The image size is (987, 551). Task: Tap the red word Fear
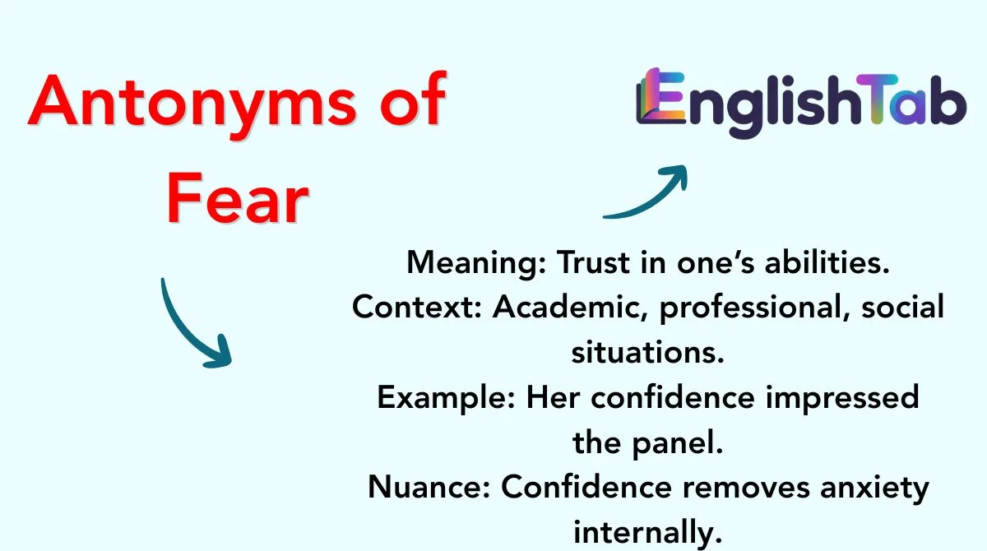(238, 199)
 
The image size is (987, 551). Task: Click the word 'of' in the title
(413, 100)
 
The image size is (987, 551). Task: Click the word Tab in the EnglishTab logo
(911, 100)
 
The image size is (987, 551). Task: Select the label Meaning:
(476, 263)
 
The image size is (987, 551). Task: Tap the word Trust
(593, 262)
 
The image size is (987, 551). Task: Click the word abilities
(827, 262)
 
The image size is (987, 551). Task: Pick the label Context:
(417, 307)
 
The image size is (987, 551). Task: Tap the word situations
(648, 353)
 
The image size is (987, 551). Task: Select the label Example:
(446, 399)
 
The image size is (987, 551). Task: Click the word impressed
(842, 399)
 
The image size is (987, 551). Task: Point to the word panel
(677, 444)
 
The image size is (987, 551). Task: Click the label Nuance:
(429, 488)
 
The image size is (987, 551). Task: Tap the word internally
(648, 533)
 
